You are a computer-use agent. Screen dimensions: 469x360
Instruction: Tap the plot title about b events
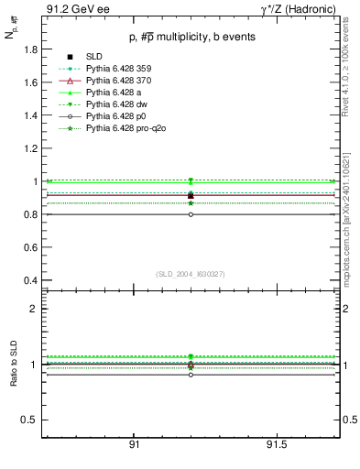point(191,37)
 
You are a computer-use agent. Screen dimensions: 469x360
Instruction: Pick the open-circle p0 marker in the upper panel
point(191,214)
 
